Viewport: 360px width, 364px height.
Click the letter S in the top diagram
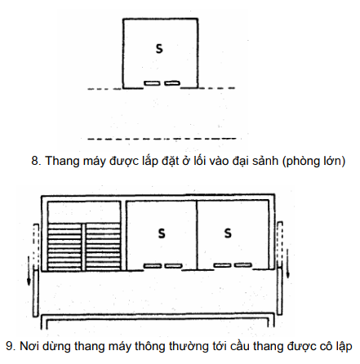[x=159, y=49]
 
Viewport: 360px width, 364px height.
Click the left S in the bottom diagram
[x=162, y=233]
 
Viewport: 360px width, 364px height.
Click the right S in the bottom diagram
[x=228, y=233]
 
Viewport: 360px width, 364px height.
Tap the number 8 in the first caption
[x=34, y=161]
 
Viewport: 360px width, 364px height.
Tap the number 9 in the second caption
[x=9, y=346]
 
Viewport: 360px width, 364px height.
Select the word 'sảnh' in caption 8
[x=265, y=161]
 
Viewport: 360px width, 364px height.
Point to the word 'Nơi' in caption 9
[x=29, y=346]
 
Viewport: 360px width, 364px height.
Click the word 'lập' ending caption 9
[x=343, y=347]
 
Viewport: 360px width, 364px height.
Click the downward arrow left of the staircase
[x=29, y=271]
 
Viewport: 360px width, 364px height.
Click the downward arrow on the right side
[x=287, y=264]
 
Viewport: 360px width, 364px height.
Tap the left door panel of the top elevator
[x=151, y=83]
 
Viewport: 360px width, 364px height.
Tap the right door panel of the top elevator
[x=172, y=82]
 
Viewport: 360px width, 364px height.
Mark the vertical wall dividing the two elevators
[x=197, y=235]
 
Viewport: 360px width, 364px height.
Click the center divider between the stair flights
[x=83, y=247]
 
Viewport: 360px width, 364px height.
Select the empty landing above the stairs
[x=84, y=212]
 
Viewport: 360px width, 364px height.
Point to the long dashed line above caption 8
[x=162, y=139]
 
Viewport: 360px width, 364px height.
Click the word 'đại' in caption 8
[x=241, y=161]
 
